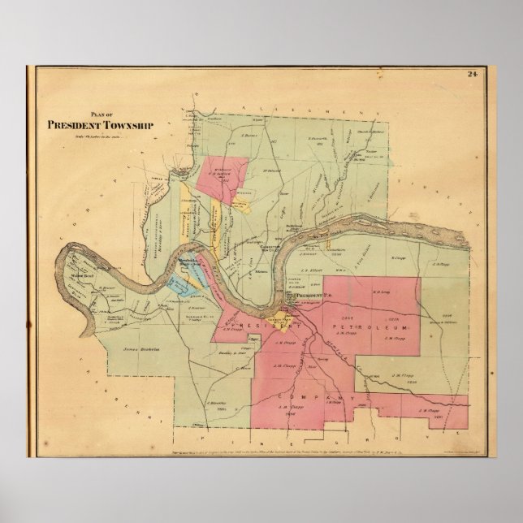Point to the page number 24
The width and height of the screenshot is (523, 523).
pyautogui.click(x=471, y=76)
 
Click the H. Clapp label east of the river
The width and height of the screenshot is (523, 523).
pyautogui.click(x=398, y=258)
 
